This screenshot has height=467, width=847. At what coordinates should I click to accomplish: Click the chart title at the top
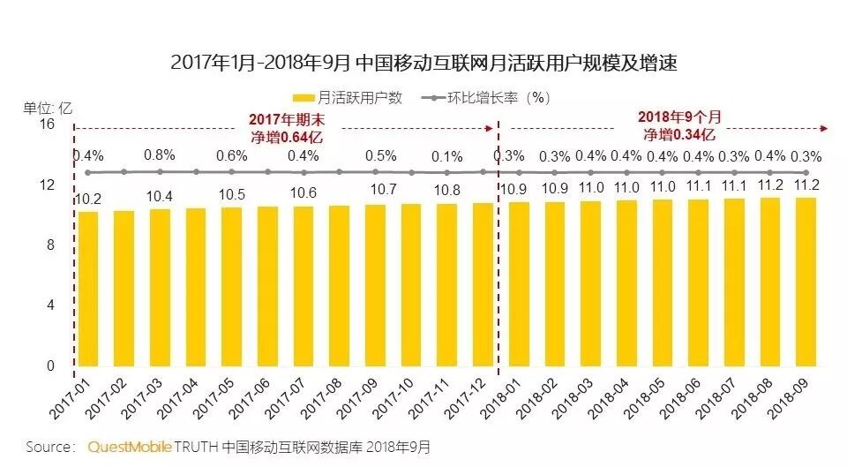(x=423, y=63)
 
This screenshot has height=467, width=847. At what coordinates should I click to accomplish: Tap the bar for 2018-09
(x=805, y=282)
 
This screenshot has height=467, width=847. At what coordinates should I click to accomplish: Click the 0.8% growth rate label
(x=160, y=155)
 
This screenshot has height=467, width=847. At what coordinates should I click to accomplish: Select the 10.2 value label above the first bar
(x=88, y=200)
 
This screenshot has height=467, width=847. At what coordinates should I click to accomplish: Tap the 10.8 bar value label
(x=448, y=190)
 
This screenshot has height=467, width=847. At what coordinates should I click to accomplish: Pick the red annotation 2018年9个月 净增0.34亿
(x=678, y=126)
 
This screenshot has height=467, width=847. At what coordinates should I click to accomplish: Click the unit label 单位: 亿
(x=48, y=109)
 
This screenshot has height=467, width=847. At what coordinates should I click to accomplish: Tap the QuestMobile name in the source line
(x=130, y=447)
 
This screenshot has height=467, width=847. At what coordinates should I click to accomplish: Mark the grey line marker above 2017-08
(x=340, y=172)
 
